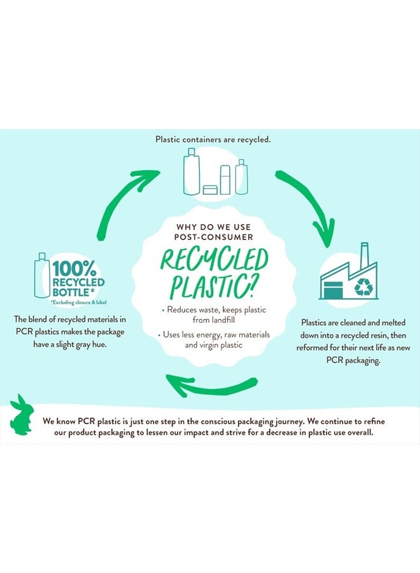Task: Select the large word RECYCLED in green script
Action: pos(214,261)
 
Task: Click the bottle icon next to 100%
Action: pos(43,274)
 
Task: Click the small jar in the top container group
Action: pos(210,189)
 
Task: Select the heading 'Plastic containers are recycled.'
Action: pos(213,138)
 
